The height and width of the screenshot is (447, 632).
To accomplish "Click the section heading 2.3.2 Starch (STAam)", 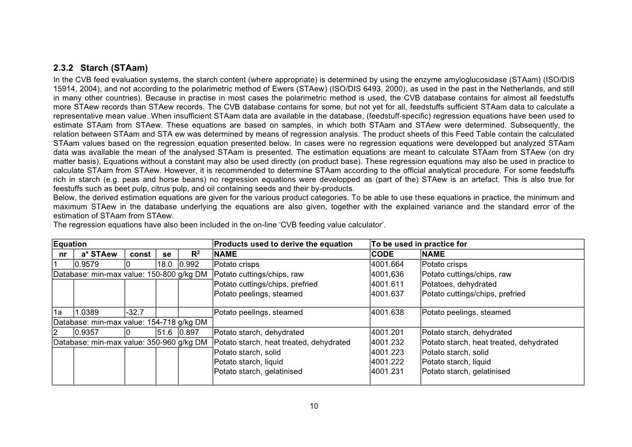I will (x=100, y=68).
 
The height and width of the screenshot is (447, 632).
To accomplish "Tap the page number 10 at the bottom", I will (x=314, y=406).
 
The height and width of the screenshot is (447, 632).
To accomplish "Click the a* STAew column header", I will (x=98, y=254).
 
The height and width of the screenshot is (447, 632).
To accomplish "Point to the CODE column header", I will (x=383, y=254).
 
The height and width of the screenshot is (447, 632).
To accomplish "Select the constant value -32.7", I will (x=135, y=312).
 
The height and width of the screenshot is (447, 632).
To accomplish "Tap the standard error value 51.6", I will (x=165, y=332).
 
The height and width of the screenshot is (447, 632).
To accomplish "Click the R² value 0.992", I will (x=190, y=264).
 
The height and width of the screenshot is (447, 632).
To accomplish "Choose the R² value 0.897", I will (x=190, y=332).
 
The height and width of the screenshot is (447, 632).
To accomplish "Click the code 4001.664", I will (x=388, y=264).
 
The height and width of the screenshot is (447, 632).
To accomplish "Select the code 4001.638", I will (x=388, y=312).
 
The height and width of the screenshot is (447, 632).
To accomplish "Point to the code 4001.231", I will (x=388, y=372).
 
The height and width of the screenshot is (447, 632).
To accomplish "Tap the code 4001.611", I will (x=388, y=284).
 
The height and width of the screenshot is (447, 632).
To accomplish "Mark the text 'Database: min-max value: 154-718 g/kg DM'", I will (x=130, y=322).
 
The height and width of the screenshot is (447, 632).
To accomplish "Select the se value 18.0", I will (x=165, y=264).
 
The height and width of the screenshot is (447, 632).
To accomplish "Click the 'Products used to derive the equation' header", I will (x=283, y=244).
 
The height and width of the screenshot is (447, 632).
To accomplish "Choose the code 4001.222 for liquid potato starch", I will (x=388, y=362).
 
